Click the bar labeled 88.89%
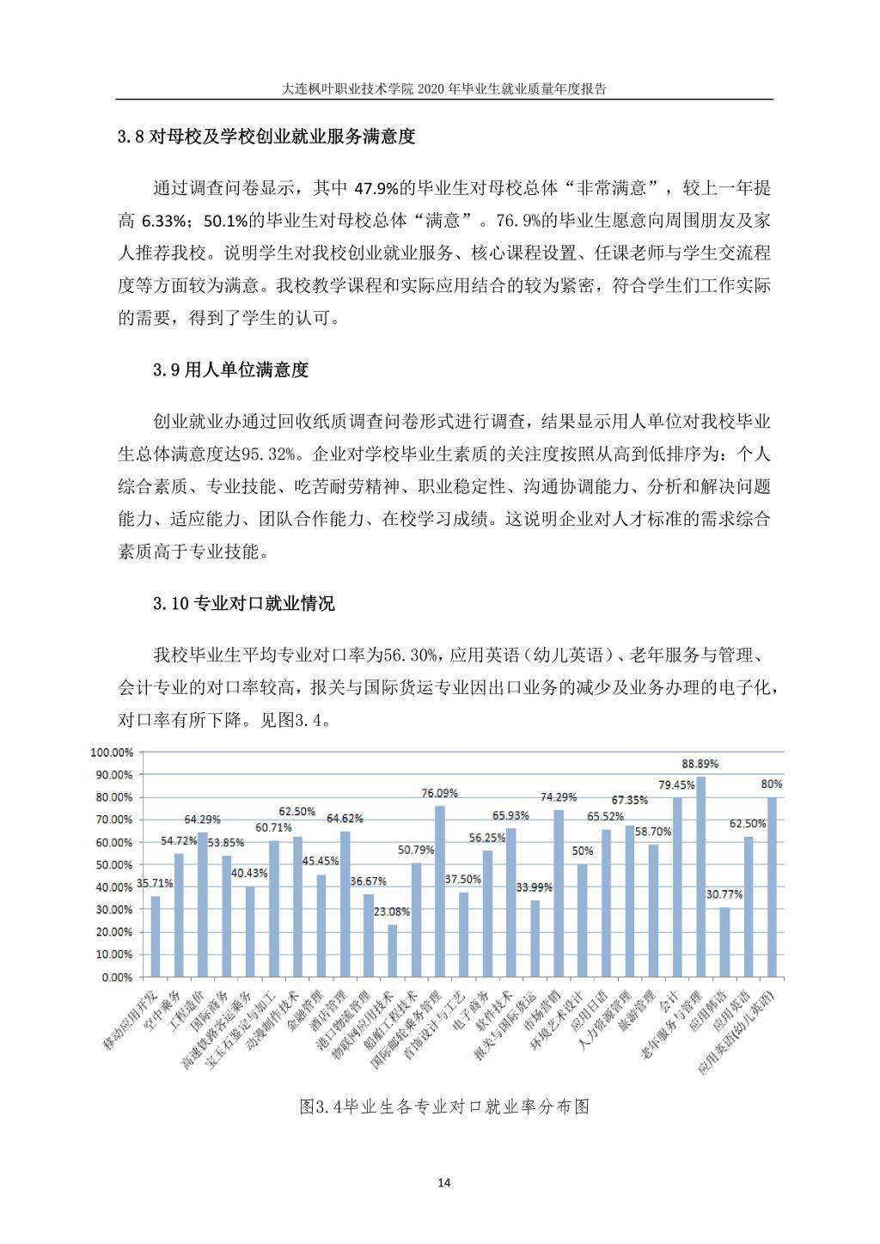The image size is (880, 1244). point(701,876)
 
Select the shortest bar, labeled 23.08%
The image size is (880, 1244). point(393,950)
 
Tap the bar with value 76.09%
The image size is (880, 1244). point(440,890)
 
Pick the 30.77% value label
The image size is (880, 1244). point(724,894)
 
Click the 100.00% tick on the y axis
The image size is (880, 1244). point(111,752)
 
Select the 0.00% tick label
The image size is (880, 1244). point(116,977)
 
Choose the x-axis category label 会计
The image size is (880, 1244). point(668,997)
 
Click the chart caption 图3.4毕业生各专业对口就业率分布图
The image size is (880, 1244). point(444,1107)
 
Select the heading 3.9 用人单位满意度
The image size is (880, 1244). point(230,370)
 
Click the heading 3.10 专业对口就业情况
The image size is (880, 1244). point(244,604)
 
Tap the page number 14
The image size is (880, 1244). point(443,1183)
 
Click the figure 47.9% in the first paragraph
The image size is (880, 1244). point(376,188)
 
